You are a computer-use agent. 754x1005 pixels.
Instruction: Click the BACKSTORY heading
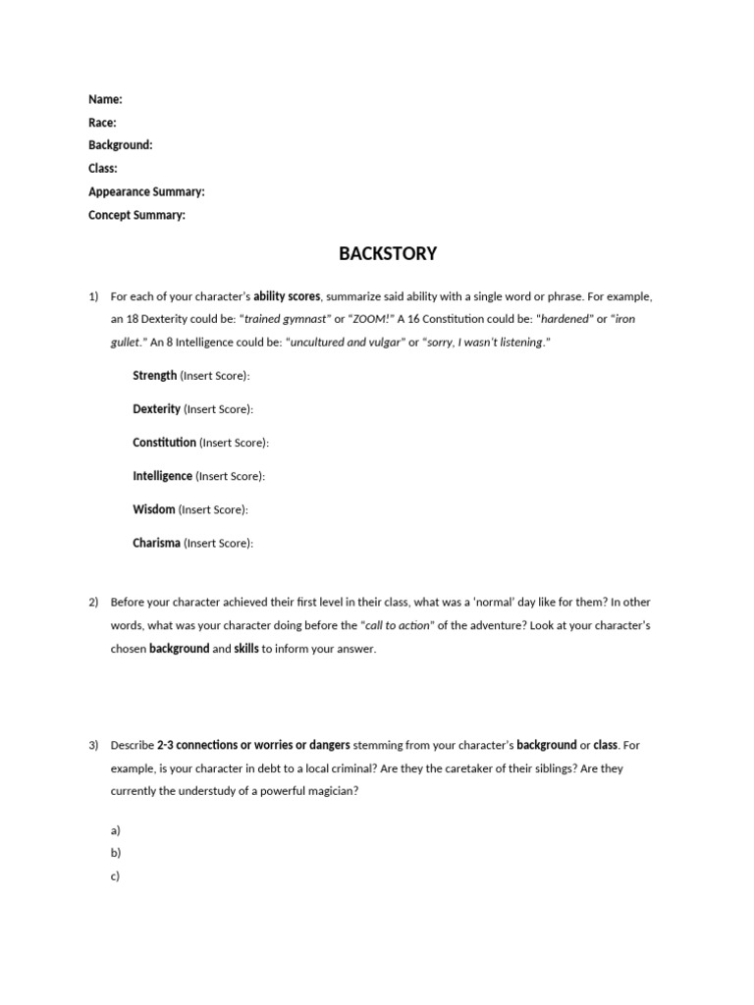click(x=388, y=254)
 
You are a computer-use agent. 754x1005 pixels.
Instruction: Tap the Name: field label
click(x=105, y=99)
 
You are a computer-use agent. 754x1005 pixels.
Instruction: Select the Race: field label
click(x=102, y=123)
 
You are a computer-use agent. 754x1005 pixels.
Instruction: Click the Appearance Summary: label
click(x=146, y=192)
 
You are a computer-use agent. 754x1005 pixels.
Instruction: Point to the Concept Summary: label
click(x=136, y=215)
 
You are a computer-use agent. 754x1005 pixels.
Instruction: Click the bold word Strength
click(x=155, y=376)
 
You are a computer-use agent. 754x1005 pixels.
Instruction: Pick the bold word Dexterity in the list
click(x=157, y=409)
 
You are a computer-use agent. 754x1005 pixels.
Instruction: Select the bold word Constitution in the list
click(x=165, y=443)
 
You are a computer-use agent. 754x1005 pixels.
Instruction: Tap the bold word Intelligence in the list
click(x=163, y=476)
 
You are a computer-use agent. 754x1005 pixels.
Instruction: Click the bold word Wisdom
click(x=154, y=509)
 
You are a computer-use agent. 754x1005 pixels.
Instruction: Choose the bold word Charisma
click(x=157, y=543)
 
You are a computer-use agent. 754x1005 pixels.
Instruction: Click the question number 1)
click(x=94, y=296)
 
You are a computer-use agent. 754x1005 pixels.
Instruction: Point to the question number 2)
click(x=94, y=603)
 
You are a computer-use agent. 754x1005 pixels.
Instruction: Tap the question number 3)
click(x=94, y=746)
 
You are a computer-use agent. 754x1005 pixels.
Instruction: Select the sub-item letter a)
click(x=116, y=830)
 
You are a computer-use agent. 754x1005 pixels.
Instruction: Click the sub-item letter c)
click(x=116, y=876)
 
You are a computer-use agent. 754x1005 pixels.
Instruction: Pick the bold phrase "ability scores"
click(x=287, y=296)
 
